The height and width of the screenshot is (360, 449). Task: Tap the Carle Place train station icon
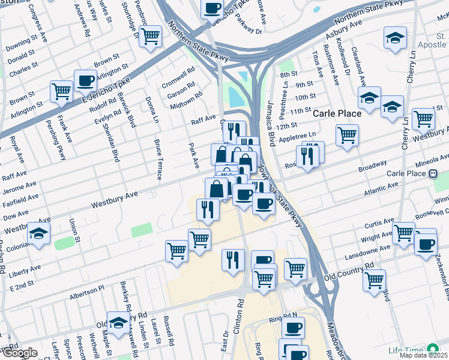(x=432, y=174)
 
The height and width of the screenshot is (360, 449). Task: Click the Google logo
(x=19, y=353)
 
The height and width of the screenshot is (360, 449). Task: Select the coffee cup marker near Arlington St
(x=86, y=80)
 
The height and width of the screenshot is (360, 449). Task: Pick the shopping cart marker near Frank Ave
(x=62, y=92)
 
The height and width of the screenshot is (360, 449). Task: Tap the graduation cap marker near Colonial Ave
(x=39, y=233)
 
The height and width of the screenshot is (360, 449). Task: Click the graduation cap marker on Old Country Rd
(x=119, y=322)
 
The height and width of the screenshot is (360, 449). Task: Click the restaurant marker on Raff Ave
(x=234, y=130)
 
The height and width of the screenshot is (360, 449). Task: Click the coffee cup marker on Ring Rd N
(x=293, y=328)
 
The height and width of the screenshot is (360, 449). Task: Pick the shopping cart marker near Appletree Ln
(x=347, y=136)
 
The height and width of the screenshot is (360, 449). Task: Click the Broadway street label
(x=373, y=165)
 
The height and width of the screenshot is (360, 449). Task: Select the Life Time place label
(x=405, y=350)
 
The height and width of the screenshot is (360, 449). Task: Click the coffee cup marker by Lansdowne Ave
(x=426, y=244)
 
